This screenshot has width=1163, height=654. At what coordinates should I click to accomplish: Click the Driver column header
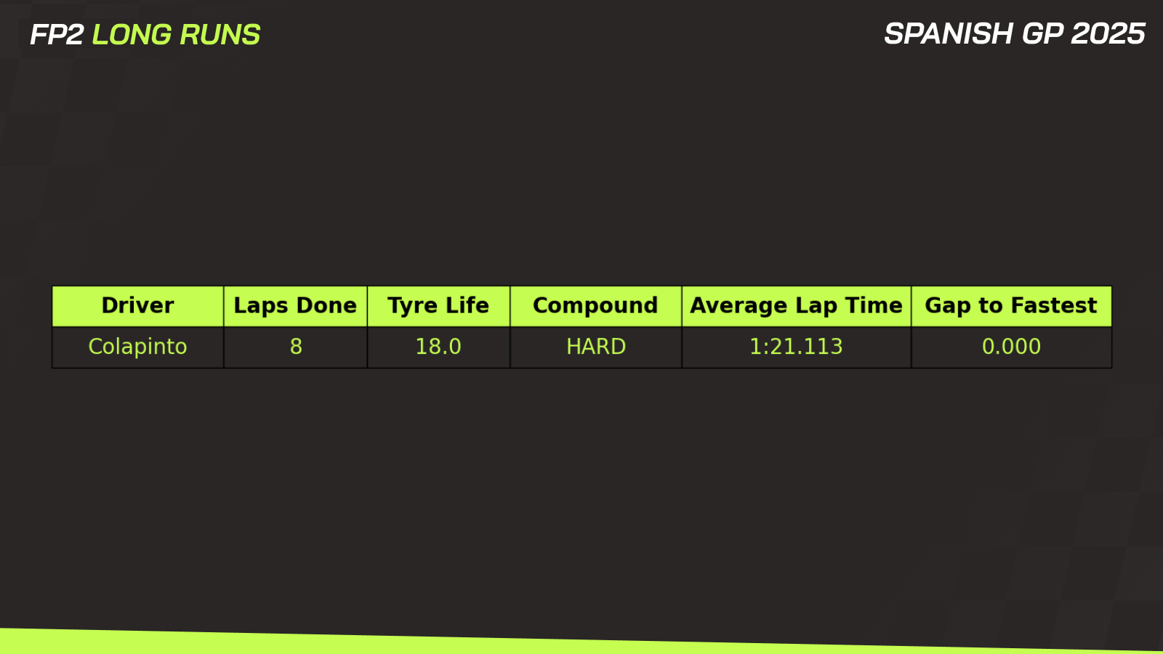click(x=137, y=306)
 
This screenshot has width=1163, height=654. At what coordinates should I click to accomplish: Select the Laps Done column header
click(x=295, y=306)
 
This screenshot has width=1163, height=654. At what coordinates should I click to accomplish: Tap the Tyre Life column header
click(x=438, y=306)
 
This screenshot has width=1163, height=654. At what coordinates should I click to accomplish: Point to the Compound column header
click(x=595, y=306)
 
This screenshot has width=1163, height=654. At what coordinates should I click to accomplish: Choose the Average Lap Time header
click(x=796, y=306)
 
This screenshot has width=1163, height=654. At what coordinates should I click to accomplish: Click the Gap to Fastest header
click(x=1011, y=306)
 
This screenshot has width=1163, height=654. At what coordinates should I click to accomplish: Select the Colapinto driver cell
click(x=137, y=347)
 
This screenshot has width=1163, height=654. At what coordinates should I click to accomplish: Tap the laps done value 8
click(x=296, y=347)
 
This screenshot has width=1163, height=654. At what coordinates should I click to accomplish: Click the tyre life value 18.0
click(x=438, y=347)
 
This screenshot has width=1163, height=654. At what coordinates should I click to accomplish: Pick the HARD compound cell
click(x=596, y=347)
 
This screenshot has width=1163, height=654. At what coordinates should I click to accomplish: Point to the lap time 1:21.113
click(x=796, y=347)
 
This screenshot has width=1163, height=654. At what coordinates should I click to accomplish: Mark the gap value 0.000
click(x=1011, y=347)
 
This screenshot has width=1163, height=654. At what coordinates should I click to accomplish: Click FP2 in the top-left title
click(x=57, y=35)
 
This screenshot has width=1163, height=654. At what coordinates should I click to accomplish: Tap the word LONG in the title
click(x=132, y=35)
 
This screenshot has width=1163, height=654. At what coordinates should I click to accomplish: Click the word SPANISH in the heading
click(x=949, y=33)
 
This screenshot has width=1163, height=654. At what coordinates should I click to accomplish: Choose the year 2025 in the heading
click(x=1108, y=33)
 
